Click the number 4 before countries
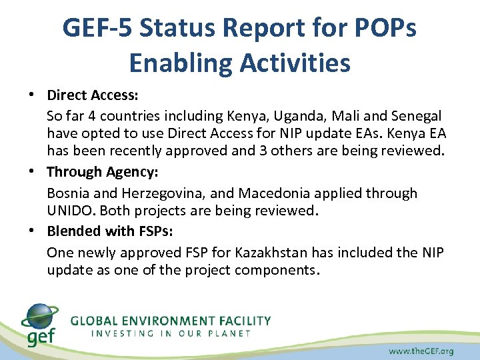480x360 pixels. coord(109,116)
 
